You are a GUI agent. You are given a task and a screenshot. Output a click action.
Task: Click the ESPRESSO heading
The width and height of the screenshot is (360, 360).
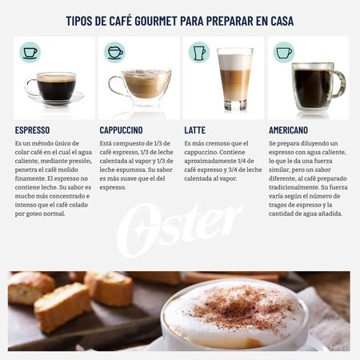pos(32,130)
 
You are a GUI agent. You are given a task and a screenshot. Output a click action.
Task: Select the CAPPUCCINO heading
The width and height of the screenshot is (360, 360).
pos(122,130)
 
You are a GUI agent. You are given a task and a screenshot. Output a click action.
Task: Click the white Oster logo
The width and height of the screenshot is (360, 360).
pos(179,227)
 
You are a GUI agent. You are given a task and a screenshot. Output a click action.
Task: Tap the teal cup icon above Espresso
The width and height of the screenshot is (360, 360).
pos(30,53)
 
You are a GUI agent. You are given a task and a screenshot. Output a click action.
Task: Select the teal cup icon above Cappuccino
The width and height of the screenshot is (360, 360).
pos(114,53)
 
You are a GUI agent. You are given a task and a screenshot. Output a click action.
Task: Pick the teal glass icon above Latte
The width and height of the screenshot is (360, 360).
pos(198,53)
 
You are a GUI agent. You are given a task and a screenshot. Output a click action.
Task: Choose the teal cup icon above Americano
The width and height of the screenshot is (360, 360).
pos(283,53)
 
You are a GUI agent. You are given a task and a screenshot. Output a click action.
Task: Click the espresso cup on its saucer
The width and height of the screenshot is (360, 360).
pos(55,87)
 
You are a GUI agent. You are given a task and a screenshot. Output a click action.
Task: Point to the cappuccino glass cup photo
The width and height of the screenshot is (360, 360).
pos(145,86)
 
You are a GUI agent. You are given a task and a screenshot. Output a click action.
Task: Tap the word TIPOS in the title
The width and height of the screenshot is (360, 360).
pos(84,20)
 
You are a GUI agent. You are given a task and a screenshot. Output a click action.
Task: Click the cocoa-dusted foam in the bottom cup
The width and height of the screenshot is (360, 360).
pos(240,308)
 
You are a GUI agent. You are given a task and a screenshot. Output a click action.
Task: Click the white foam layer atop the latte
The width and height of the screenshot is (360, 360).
pos(234,60)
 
